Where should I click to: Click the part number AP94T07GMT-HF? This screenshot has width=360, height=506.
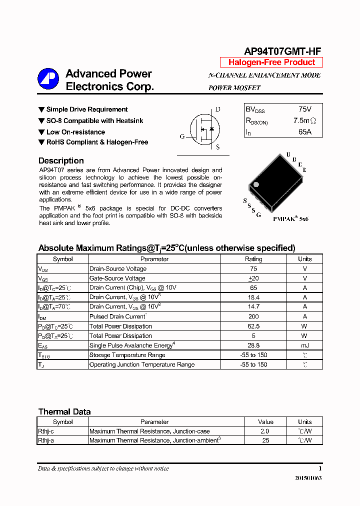coord(282,51)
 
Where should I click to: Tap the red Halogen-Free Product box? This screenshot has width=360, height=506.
coord(271,62)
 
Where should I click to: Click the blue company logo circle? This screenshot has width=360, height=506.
coord(48,79)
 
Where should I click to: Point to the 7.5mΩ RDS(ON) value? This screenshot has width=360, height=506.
coord(304,121)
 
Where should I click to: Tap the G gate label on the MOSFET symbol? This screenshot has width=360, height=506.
coord(182,136)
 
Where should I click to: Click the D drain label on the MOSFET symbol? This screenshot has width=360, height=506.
coord(217,109)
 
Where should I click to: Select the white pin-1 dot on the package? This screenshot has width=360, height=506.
coord(256,185)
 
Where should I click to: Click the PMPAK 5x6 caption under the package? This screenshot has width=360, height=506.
coord(290,219)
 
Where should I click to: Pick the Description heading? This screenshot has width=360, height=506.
coord(61,161)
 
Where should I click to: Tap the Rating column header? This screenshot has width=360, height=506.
coord(253,259)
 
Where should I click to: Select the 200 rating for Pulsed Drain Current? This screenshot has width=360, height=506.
coord(253,316)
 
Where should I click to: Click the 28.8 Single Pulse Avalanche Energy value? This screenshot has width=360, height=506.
coord(253,345)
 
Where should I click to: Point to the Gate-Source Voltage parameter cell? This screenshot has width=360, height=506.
coord(117,278)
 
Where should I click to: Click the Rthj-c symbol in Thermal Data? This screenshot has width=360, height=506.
coord(46,431)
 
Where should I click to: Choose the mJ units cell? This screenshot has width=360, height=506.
coord(304,345)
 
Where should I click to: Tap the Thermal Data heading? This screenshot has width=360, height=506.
coord(64,412)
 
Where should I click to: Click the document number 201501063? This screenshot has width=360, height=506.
coord(308,478)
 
